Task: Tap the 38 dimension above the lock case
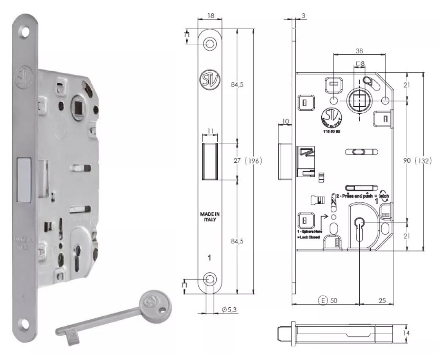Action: (359, 51)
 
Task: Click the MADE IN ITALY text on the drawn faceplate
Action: (209, 216)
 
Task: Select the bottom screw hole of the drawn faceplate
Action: (210, 279)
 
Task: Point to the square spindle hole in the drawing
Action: (359, 100)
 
